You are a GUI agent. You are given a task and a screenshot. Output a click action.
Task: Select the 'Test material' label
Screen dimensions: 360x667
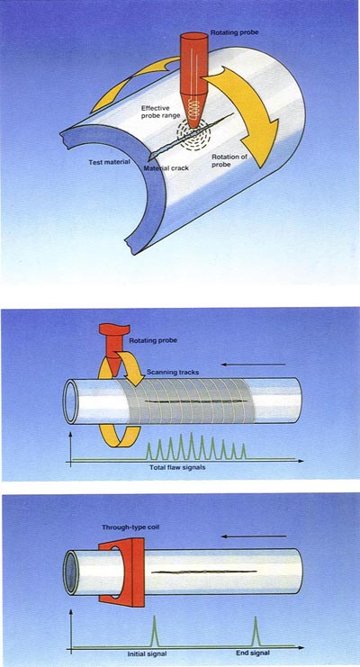109,163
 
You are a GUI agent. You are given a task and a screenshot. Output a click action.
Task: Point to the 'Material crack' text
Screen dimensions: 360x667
166,168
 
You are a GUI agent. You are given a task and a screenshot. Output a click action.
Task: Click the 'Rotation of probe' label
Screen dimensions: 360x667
229,160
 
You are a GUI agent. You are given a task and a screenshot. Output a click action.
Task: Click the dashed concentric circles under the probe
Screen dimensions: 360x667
193,136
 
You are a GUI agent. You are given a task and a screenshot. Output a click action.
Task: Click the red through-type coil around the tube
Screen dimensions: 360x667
122,572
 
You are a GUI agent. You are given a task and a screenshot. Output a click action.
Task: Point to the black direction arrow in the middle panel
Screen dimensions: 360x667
253,365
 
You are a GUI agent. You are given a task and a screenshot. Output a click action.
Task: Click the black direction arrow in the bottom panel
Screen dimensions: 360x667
254,536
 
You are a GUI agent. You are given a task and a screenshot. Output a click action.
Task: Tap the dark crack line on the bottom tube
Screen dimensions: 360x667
204,572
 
